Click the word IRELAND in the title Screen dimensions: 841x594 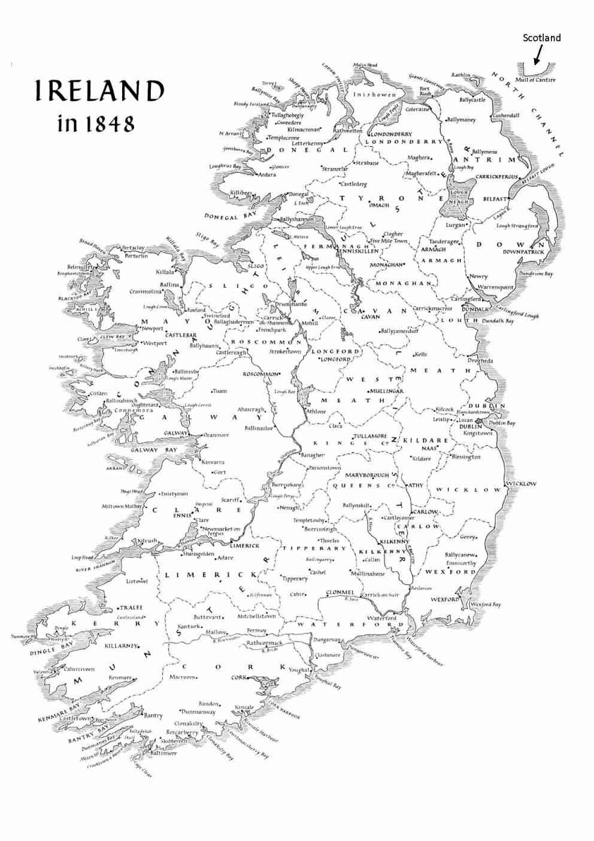coord(99,91)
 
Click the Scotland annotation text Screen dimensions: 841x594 coord(542,38)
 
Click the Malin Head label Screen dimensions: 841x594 coord(365,65)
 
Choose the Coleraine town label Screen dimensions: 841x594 coord(417,110)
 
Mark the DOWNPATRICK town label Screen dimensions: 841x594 coord(523,252)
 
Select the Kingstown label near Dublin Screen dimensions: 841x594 coord(477,433)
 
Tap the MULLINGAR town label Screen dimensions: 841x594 coord(387,391)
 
